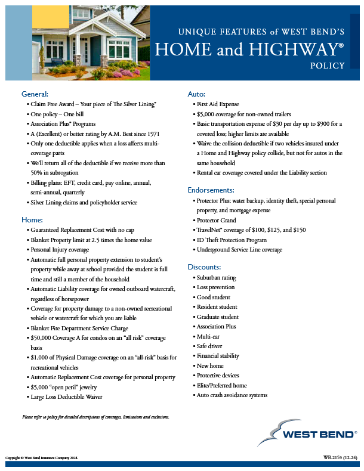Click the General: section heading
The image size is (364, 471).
[35, 94]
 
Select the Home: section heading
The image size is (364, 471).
[32, 220]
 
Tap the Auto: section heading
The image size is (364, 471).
[196, 94]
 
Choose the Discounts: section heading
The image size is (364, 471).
[205, 267]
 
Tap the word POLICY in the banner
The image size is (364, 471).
[328, 66]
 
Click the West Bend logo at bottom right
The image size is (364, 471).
[307, 433]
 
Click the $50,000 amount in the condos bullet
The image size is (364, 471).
[45, 338]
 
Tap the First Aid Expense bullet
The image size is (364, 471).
[217, 104]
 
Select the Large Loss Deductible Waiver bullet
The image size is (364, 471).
[68, 396]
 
